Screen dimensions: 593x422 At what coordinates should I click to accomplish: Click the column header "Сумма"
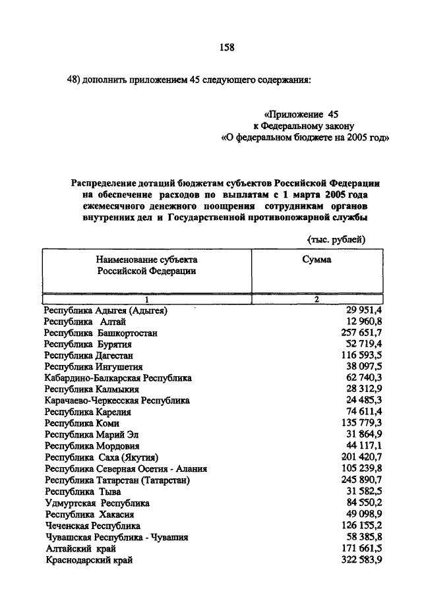click(316, 260)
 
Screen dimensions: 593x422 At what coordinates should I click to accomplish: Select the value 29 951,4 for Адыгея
click(365, 310)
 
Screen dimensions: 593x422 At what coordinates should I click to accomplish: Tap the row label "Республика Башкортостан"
click(100, 333)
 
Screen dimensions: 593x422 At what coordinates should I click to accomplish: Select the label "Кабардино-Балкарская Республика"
click(117, 378)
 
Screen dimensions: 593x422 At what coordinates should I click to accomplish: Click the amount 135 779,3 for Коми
click(362, 423)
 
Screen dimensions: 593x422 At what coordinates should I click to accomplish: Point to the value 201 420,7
click(362, 457)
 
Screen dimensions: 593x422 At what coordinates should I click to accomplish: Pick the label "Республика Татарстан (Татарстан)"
click(117, 480)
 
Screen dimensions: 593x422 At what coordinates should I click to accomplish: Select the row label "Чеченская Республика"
click(92, 526)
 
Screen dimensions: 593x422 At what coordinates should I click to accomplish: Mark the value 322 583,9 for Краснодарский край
click(362, 560)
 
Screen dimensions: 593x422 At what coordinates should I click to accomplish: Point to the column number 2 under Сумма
click(316, 300)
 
